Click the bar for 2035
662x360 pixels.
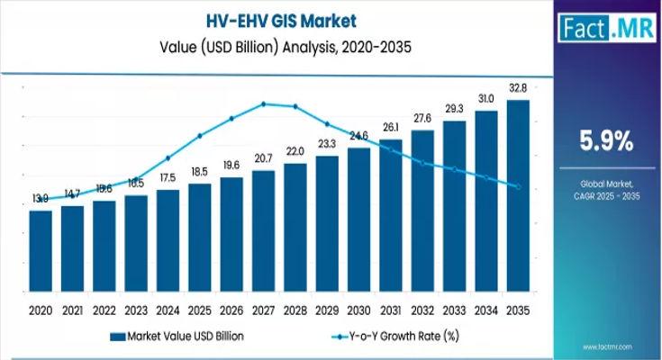[x=517, y=197]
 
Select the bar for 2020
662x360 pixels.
[x=41, y=252]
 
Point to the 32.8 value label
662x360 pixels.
[x=517, y=89]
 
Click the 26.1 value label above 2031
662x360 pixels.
[x=390, y=128]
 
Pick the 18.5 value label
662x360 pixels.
[x=199, y=171]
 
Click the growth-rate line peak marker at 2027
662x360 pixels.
[x=263, y=103]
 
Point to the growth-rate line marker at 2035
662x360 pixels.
[x=517, y=186]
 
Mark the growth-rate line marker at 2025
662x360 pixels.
[x=199, y=136]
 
